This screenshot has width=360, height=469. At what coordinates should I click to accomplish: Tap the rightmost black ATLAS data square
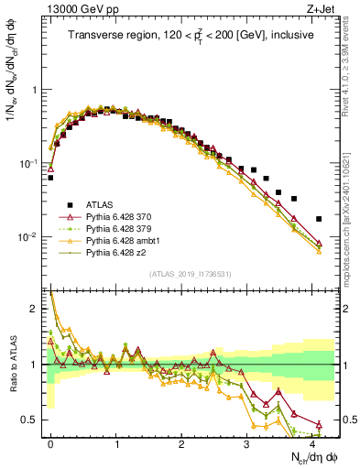point(319,219)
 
